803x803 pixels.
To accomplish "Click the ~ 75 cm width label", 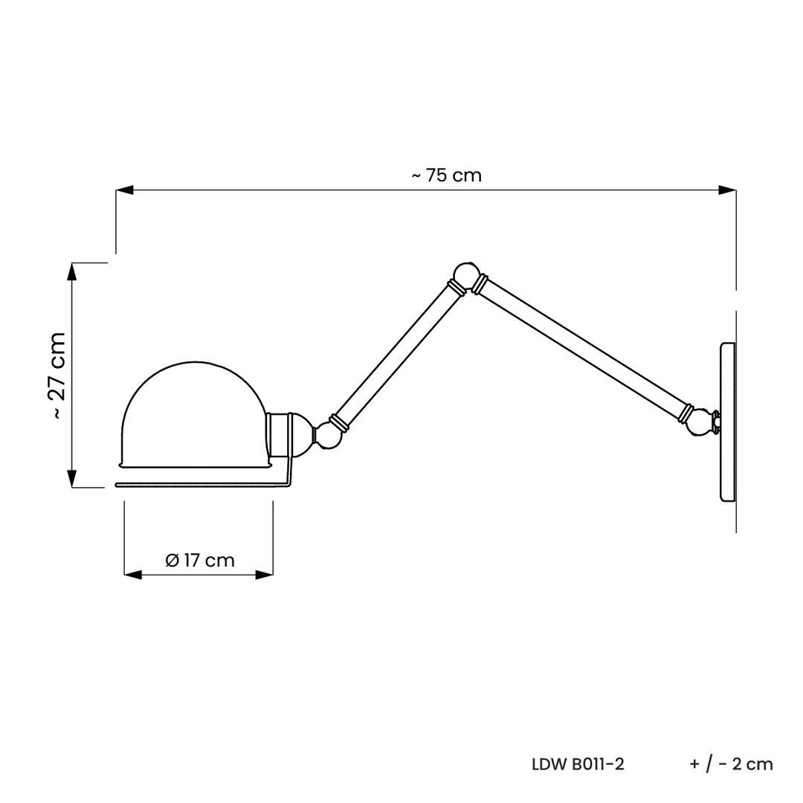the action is click(447, 175).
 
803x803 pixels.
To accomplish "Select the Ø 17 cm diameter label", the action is click(200, 561).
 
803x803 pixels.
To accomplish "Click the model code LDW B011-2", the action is click(578, 764).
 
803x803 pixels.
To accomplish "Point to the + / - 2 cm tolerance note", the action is click(732, 764).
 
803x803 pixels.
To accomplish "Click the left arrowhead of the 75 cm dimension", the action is click(124, 190).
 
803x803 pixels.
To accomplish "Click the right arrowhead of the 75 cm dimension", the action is click(728, 190).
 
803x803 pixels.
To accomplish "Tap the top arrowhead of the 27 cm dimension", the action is click(73, 271).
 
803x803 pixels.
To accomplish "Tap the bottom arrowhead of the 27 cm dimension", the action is click(73, 479).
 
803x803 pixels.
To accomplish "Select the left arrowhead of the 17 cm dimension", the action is click(132, 575).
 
